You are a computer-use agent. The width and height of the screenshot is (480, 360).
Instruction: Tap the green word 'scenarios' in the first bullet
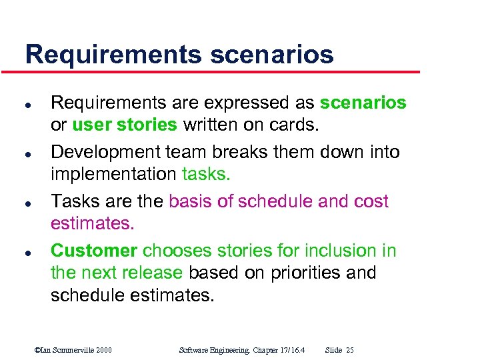point(363,103)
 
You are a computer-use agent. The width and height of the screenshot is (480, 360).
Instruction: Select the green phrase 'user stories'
point(125,125)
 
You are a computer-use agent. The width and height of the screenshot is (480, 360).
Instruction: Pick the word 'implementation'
point(113,174)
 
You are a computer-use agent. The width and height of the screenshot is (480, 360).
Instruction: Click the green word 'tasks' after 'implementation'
point(205,174)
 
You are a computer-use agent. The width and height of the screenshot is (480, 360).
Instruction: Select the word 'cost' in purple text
point(371,202)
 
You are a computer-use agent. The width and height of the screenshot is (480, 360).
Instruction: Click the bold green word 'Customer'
point(94,251)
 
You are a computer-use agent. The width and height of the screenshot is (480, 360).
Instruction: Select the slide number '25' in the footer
point(350,350)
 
